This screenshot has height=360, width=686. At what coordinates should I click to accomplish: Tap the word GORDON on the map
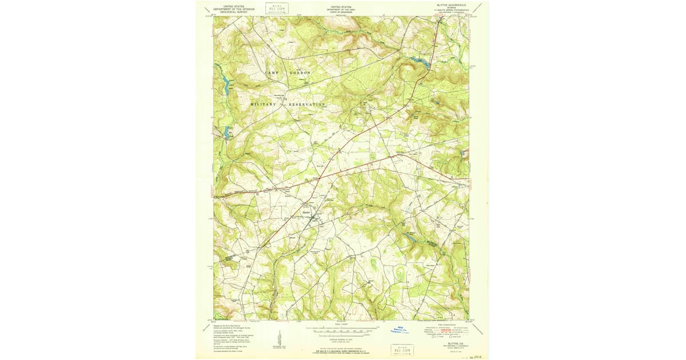pyautogui.click(x=300, y=73)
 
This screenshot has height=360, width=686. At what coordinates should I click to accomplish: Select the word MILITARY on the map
pyautogui.click(x=263, y=105)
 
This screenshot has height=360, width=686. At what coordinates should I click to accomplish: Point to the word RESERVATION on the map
pyautogui.click(x=306, y=105)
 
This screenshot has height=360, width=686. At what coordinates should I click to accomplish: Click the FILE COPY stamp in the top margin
pyautogui.click(x=277, y=8)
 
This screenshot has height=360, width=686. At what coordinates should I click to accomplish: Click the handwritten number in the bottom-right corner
pyautogui.click(x=473, y=355)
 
